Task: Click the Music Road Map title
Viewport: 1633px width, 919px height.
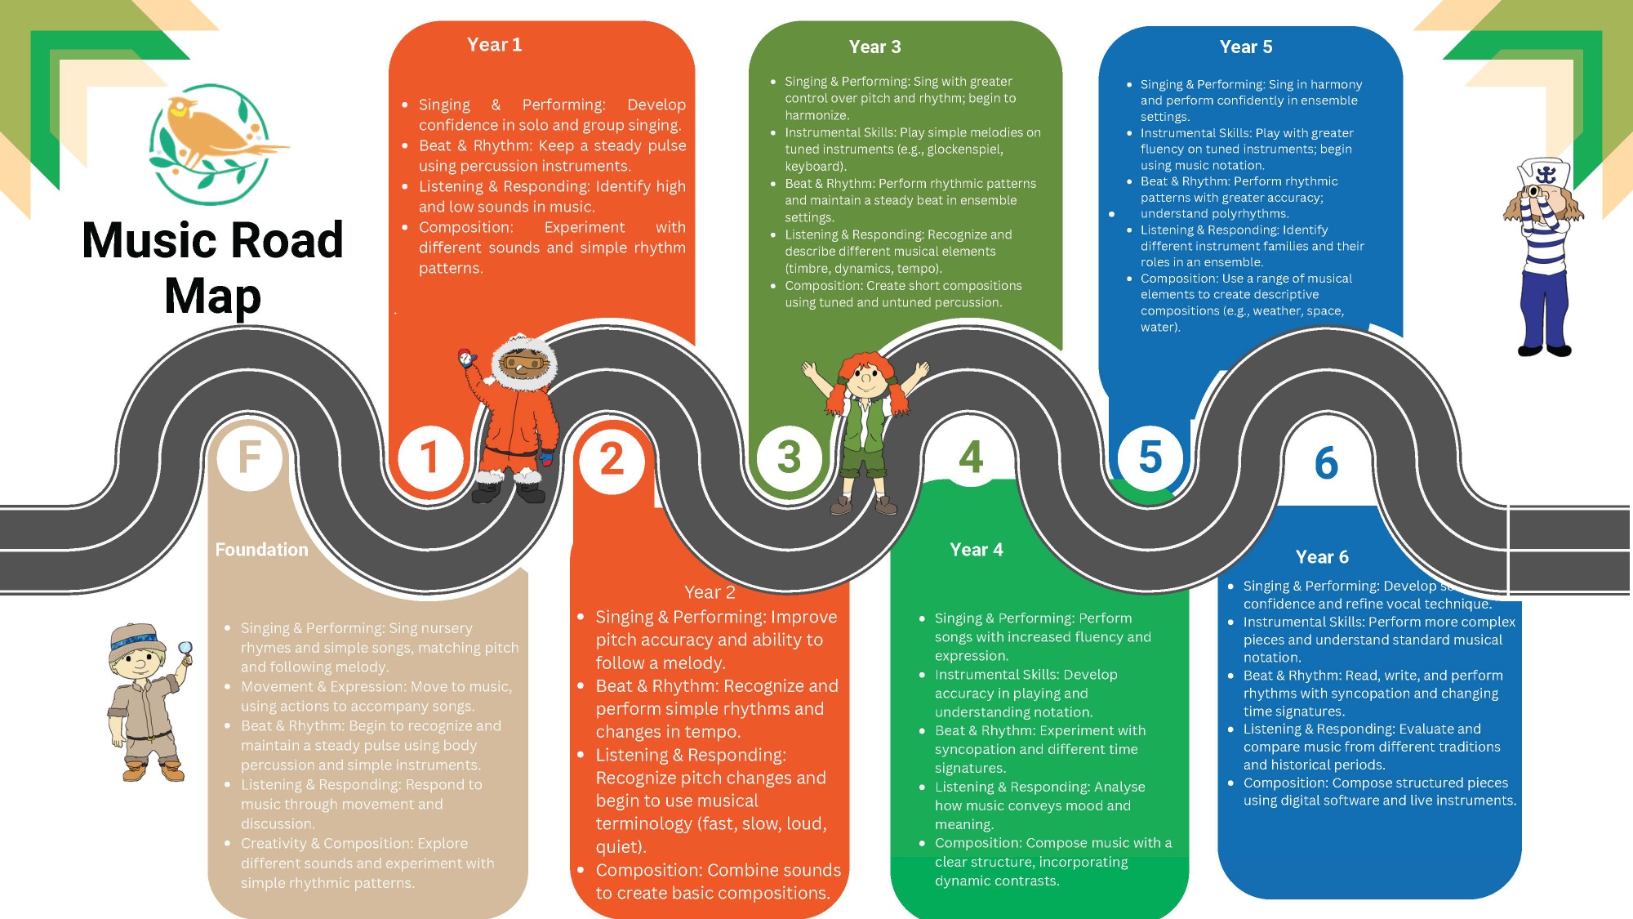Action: tap(212, 267)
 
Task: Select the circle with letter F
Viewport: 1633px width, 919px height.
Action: tap(250, 457)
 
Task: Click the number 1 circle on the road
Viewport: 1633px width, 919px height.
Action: tap(429, 457)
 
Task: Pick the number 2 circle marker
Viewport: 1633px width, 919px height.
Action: tap(612, 459)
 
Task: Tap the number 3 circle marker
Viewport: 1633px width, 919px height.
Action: tap(789, 457)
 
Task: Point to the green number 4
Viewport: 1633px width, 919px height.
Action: tap(971, 457)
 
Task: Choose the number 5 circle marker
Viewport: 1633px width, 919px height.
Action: tap(1150, 457)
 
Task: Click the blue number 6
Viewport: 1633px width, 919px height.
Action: tap(1326, 463)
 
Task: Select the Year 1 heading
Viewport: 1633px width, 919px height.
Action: tap(494, 45)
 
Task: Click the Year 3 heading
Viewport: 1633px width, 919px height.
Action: tap(874, 47)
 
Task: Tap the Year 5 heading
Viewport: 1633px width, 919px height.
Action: tap(1245, 47)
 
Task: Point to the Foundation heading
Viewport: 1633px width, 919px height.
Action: tap(261, 550)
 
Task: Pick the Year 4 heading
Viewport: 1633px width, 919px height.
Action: tap(977, 550)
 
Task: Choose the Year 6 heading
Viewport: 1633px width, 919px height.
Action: tap(1322, 557)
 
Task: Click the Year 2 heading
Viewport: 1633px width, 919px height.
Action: tap(710, 592)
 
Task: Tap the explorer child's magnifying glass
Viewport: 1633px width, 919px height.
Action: tap(185, 649)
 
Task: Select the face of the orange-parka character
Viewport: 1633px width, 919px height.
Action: tap(520, 365)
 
